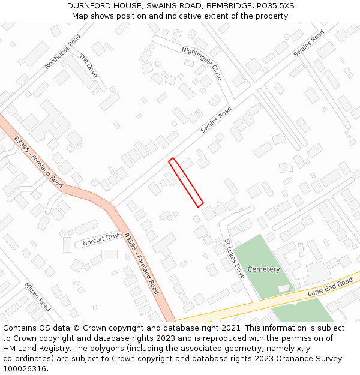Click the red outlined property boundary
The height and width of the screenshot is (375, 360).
point(186,182)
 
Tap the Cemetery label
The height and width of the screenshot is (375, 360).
point(263,269)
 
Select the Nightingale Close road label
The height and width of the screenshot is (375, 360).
point(202,63)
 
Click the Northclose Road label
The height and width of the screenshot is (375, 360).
point(62,51)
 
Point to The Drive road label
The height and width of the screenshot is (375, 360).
point(88,65)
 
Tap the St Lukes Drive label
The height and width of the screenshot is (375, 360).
point(235,259)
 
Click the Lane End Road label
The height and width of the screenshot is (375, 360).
point(330,287)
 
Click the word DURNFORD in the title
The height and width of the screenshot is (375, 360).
point(89,6)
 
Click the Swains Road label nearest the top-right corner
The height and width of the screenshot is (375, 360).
point(309,43)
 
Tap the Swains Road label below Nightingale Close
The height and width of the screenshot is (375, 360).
point(216,119)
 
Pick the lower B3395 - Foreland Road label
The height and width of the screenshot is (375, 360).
point(141,263)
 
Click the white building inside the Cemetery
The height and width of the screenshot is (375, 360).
point(283,289)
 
